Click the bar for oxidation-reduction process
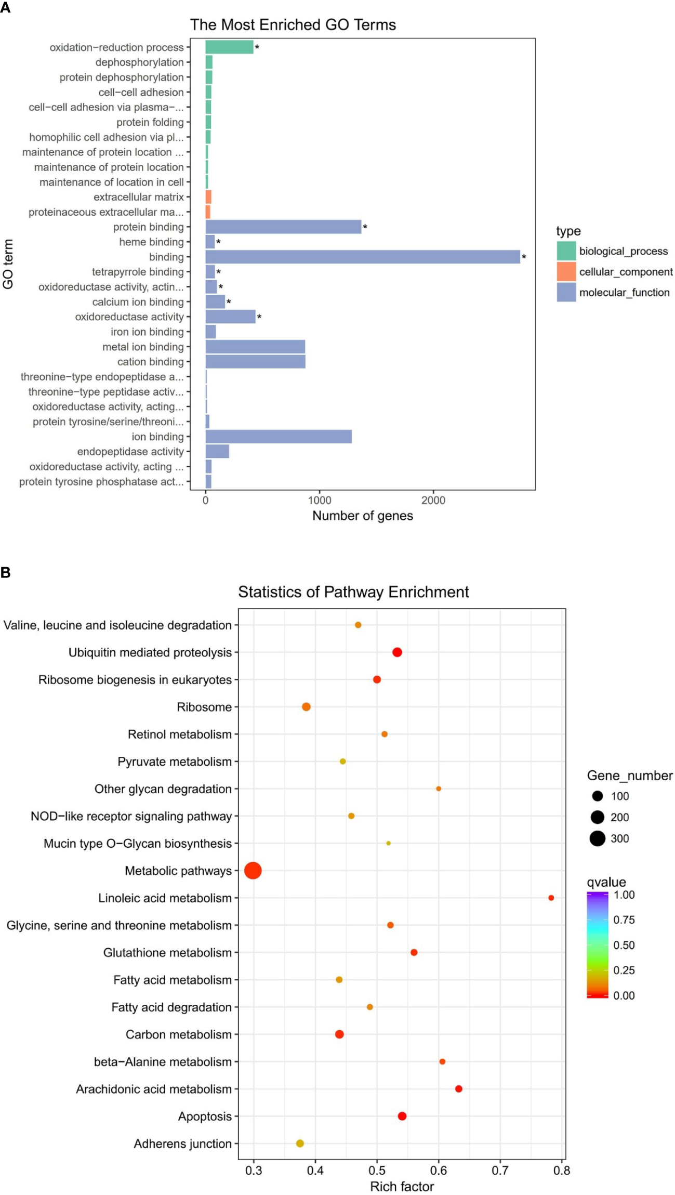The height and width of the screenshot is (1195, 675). (x=229, y=47)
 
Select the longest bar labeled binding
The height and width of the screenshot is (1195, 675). (x=362, y=257)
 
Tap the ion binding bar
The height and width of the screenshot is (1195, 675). (x=278, y=437)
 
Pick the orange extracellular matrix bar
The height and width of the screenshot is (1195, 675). (x=208, y=197)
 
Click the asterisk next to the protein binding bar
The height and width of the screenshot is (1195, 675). (x=365, y=227)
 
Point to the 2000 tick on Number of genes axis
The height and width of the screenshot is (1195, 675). (x=433, y=500)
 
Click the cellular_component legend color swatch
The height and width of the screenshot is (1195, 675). (x=566, y=271)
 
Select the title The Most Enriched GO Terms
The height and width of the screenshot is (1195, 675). (x=293, y=24)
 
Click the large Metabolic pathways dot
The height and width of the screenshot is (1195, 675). (x=253, y=870)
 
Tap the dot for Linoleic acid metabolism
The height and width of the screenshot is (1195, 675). (x=551, y=898)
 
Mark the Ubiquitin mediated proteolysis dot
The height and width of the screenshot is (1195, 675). (x=397, y=652)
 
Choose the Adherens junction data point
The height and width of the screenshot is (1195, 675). (x=300, y=1143)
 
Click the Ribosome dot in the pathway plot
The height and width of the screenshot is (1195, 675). (x=306, y=707)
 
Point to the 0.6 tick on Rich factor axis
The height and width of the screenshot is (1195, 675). (x=439, y=1171)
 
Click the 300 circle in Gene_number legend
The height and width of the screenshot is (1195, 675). (x=598, y=838)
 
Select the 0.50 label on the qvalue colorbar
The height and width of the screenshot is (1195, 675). (x=624, y=945)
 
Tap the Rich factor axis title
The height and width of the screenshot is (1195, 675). (x=402, y=1187)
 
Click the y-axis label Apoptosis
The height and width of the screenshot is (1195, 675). (x=205, y=1116)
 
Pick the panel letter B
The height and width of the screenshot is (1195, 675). (x=6, y=572)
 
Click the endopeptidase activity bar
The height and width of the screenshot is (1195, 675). (x=217, y=452)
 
